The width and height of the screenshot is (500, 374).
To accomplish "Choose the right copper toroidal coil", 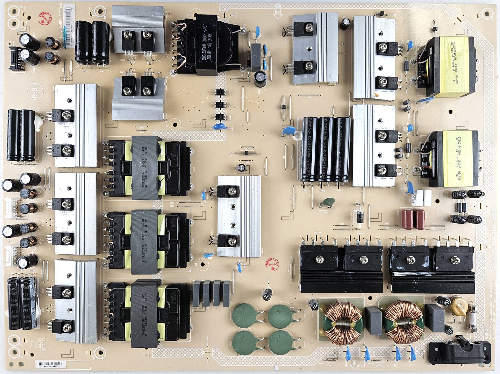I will coord(401,321).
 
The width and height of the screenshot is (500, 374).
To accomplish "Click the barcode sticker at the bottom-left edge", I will coord(51,364).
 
